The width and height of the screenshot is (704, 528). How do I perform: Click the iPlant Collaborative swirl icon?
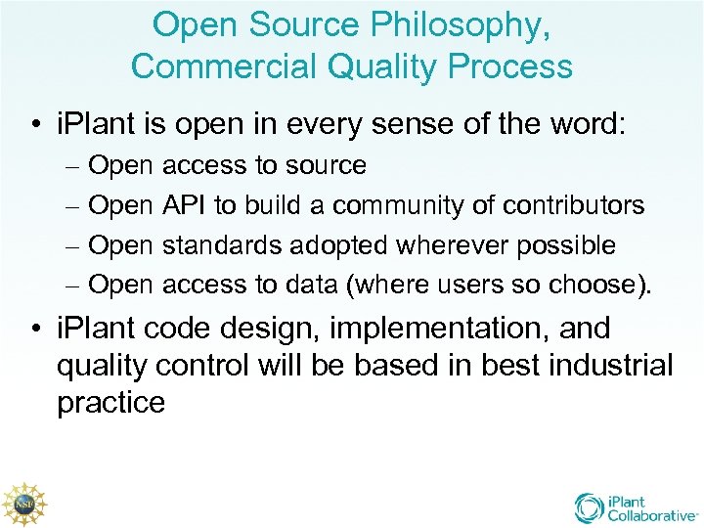[x=590, y=506]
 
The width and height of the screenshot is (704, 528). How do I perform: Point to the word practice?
[x=110, y=403]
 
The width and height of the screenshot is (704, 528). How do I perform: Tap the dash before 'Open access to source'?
[x=73, y=166]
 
